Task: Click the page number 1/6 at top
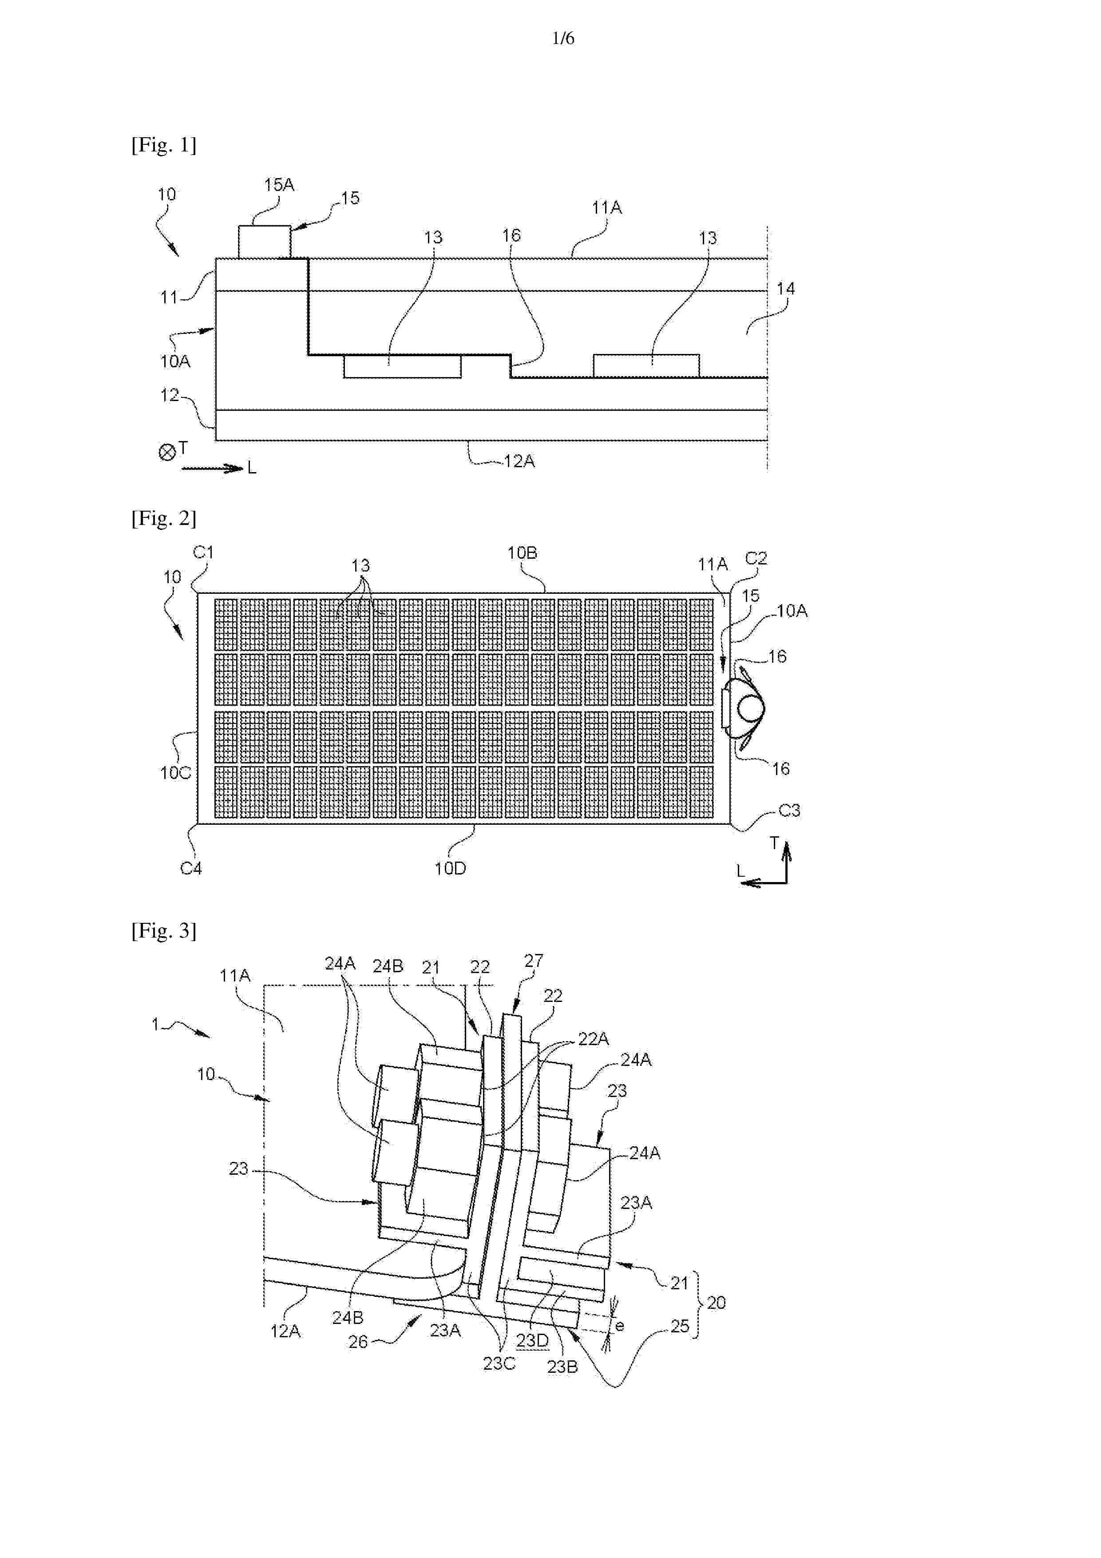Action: tap(563, 39)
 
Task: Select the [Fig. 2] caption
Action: tap(163, 518)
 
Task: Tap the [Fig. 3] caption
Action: tap(163, 931)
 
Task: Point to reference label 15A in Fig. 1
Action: tap(279, 185)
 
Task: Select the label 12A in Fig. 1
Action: tap(519, 461)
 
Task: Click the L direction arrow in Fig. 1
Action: tap(212, 468)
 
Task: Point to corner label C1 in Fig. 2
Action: tap(203, 552)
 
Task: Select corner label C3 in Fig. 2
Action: tap(789, 810)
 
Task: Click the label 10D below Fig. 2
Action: tap(451, 869)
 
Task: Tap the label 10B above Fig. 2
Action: tap(523, 553)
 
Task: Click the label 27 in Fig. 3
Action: tap(534, 961)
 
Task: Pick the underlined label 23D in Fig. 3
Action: tap(533, 1341)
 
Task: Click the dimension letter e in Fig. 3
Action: tap(619, 1326)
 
